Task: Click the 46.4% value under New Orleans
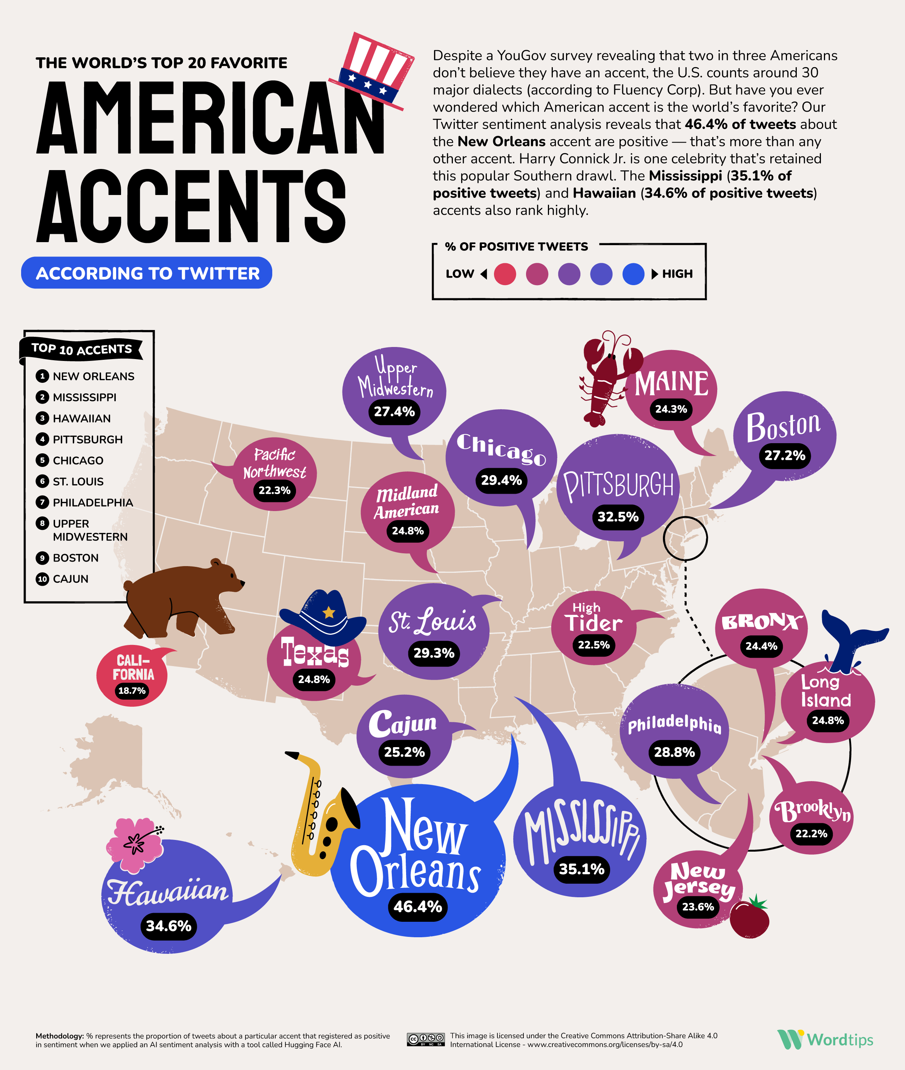click(417, 906)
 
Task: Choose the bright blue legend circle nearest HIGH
click(633, 274)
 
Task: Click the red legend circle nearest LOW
click(505, 274)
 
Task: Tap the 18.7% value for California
click(132, 690)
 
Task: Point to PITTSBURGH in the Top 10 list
click(87, 439)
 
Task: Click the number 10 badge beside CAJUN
click(42, 579)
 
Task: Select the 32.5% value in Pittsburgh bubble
click(618, 516)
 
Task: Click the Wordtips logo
click(825, 1040)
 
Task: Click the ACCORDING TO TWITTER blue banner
click(147, 273)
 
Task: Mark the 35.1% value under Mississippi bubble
click(581, 869)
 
